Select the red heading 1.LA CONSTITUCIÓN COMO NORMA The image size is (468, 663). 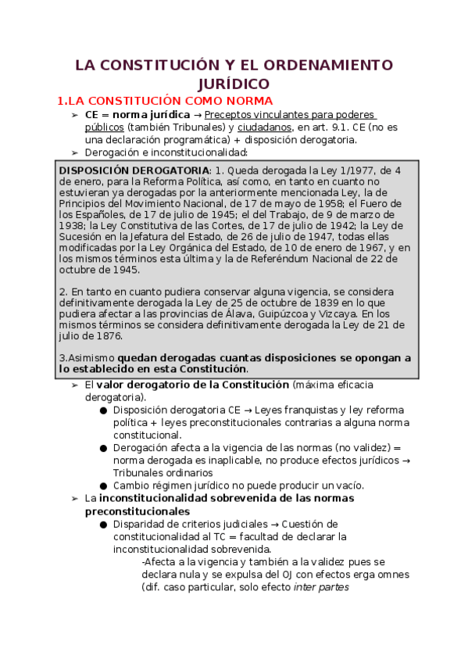(x=166, y=101)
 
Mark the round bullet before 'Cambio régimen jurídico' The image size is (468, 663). (x=103, y=486)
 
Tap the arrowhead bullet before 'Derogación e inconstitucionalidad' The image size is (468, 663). (x=75, y=153)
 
